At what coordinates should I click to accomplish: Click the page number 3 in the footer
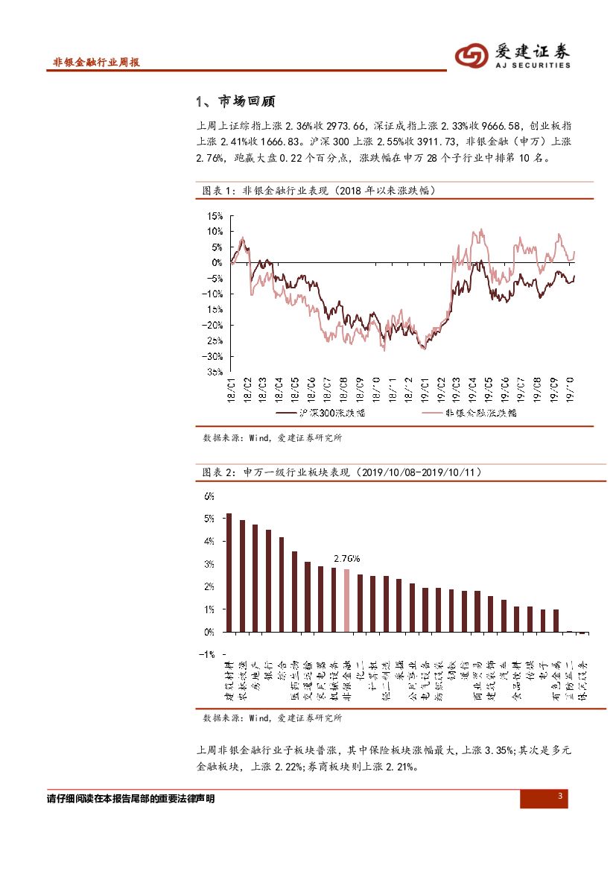(x=560, y=798)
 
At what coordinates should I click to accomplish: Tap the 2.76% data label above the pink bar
(x=346, y=558)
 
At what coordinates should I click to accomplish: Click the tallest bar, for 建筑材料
(x=229, y=572)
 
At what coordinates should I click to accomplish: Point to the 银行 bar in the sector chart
(x=268, y=580)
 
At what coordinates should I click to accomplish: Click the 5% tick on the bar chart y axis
(x=209, y=519)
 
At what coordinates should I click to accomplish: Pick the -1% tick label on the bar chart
(x=208, y=654)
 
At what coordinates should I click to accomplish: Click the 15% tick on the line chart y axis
(x=215, y=216)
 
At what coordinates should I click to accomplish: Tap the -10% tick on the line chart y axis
(x=214, y=294)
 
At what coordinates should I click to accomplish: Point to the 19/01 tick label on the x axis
(x=425, y=390)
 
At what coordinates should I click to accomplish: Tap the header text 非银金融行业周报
(x=97, y=63)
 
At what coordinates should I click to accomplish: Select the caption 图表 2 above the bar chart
(x=219, y=472)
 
